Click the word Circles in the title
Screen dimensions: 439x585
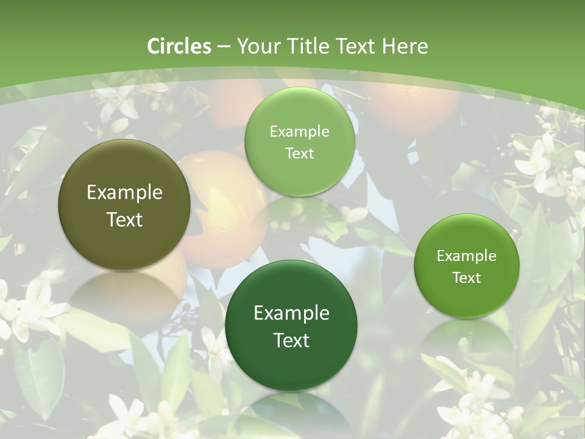(179, 46)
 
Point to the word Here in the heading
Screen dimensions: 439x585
(405, 46)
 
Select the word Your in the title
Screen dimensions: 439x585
(257, 46)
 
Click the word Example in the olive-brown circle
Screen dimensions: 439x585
(124, 193)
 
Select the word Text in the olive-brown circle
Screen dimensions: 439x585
(124, 220)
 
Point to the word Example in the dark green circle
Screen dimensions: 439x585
(291, 313)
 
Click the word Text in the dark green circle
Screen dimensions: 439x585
(291, 340)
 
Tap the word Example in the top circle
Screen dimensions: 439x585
(299, 132)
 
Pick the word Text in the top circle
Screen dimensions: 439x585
(299, 153)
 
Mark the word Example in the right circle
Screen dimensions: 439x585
(467, 256)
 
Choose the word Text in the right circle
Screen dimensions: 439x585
(467, 277)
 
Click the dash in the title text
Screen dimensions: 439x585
(224, 46)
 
